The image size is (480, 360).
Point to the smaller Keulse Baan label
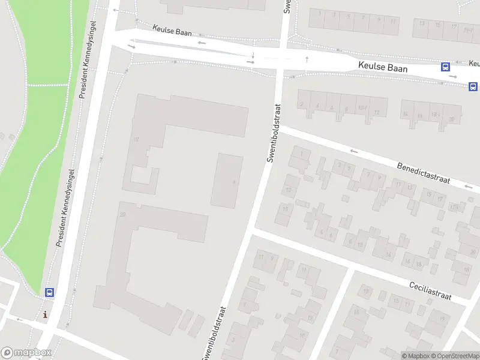point(172,30)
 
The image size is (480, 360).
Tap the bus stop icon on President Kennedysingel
point(50,293)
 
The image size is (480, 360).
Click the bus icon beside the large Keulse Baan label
point(446,67)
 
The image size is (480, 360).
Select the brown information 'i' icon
point(45,314)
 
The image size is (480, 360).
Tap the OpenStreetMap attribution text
point(456,356)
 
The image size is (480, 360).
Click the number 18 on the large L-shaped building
point(136,139)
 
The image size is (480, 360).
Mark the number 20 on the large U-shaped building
point(122,214)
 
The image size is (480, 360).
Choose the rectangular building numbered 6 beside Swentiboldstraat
point(229,180)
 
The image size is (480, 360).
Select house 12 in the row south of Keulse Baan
point(377,112)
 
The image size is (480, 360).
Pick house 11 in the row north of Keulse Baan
point(392,20)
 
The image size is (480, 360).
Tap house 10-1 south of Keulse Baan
point(362,109)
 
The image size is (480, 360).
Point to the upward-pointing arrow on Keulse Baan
point(307,59)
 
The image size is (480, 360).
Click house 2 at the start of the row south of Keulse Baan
point(301,104)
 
